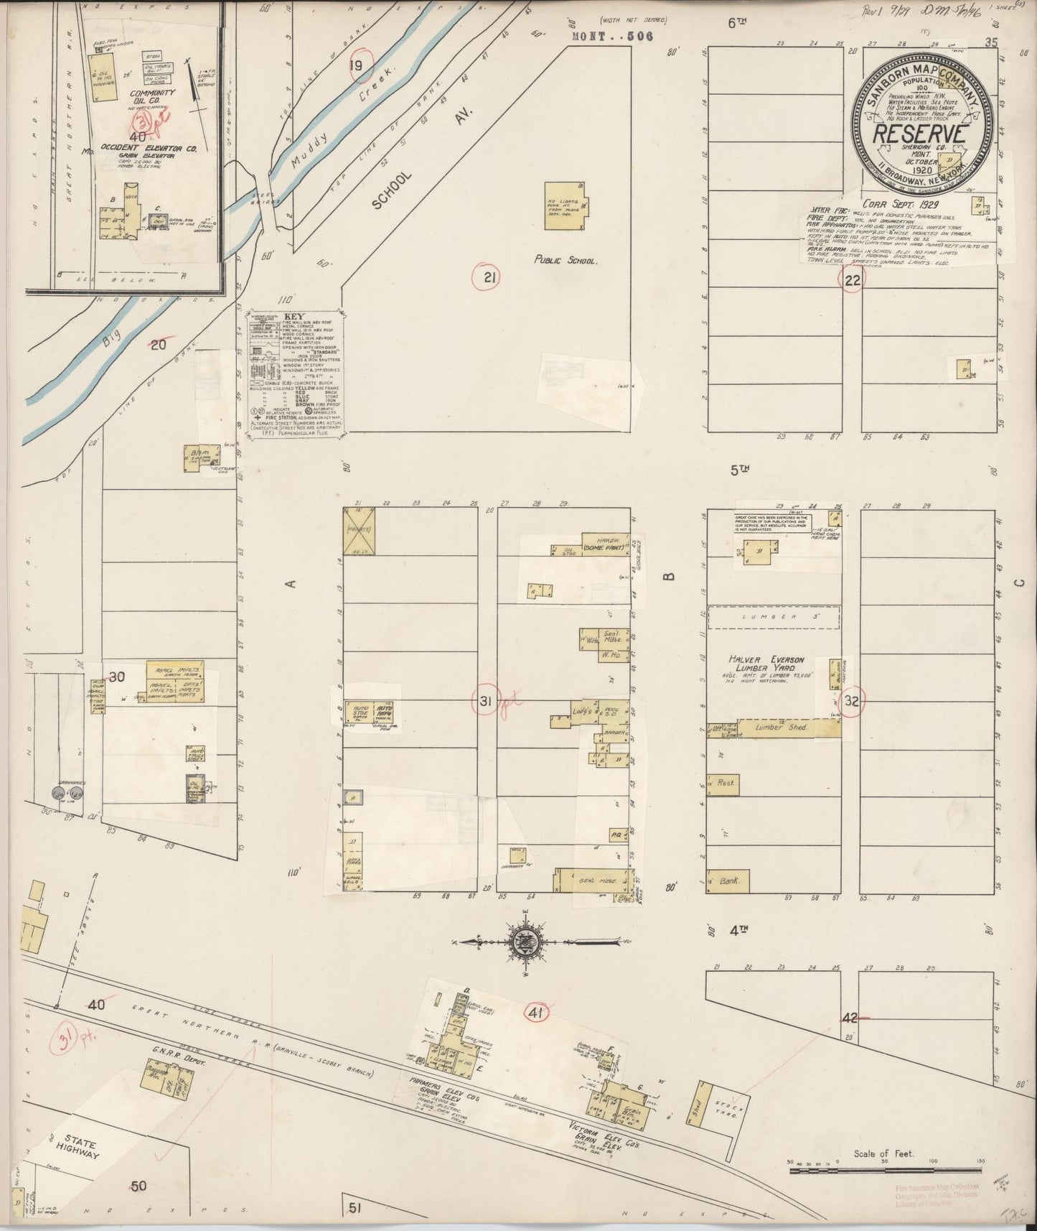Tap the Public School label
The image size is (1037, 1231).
click(x=565, y=261)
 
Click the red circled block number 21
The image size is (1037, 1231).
click(x=489, y=277)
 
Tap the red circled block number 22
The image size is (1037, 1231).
click(x=852, y=281)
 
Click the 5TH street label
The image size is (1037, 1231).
click(x=739, y=470)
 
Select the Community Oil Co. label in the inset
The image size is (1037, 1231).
click(x=150, y=98)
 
